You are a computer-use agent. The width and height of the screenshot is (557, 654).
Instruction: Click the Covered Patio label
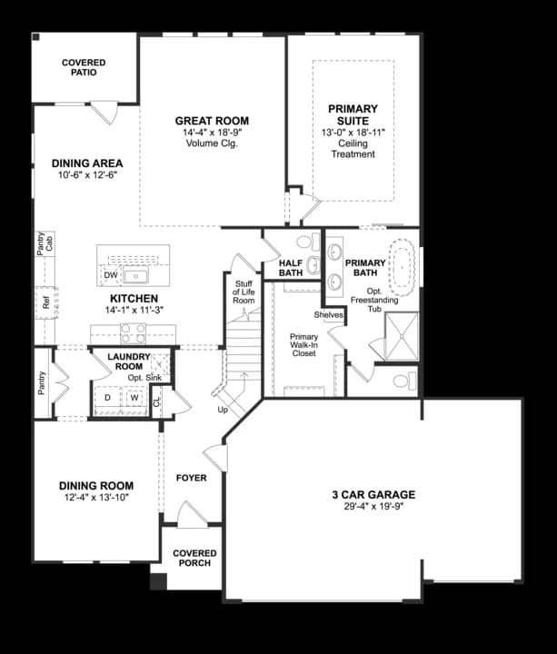pyautogui.click(x=84, y=67)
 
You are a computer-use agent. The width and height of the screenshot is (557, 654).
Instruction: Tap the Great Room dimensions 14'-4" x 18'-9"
pyautogui.click(x=212, y=133)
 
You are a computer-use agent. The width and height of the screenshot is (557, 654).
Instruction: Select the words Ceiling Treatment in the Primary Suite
pyautogui.click(x=353, y=149)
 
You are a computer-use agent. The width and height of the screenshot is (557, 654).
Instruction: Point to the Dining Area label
pyautogui.click(x=87, y=163)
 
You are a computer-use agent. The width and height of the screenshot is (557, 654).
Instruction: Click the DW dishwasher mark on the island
pyautogui.click(x=110, y=274)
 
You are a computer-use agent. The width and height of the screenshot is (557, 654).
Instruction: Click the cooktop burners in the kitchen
pyautogui.click(x=134, y=332)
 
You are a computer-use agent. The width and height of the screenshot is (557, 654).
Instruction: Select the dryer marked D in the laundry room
pyautogui.click(x=108, y=398)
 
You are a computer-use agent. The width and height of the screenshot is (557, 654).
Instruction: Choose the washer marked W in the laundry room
pyautogui.click(x=134, y=398)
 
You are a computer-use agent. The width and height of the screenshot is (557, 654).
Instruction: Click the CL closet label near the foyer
pyautogui.click(x=156, y=400)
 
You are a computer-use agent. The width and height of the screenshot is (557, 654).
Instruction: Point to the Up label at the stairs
pyautogui.click(x=223, y=410)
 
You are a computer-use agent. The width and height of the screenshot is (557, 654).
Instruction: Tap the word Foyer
pyautogui.click(x=192, y=478)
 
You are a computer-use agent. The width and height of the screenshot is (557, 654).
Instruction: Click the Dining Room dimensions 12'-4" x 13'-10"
pyautogui.click(x=96, y=499)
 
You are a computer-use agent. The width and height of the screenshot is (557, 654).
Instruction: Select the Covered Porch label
pyautogui.click(x=194, y=559)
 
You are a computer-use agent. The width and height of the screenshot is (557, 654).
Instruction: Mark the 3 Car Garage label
pyautogui.click(x=373, y=495)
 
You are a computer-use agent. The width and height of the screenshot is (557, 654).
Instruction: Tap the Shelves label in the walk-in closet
pyautogui.click(x=328, y=315)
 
